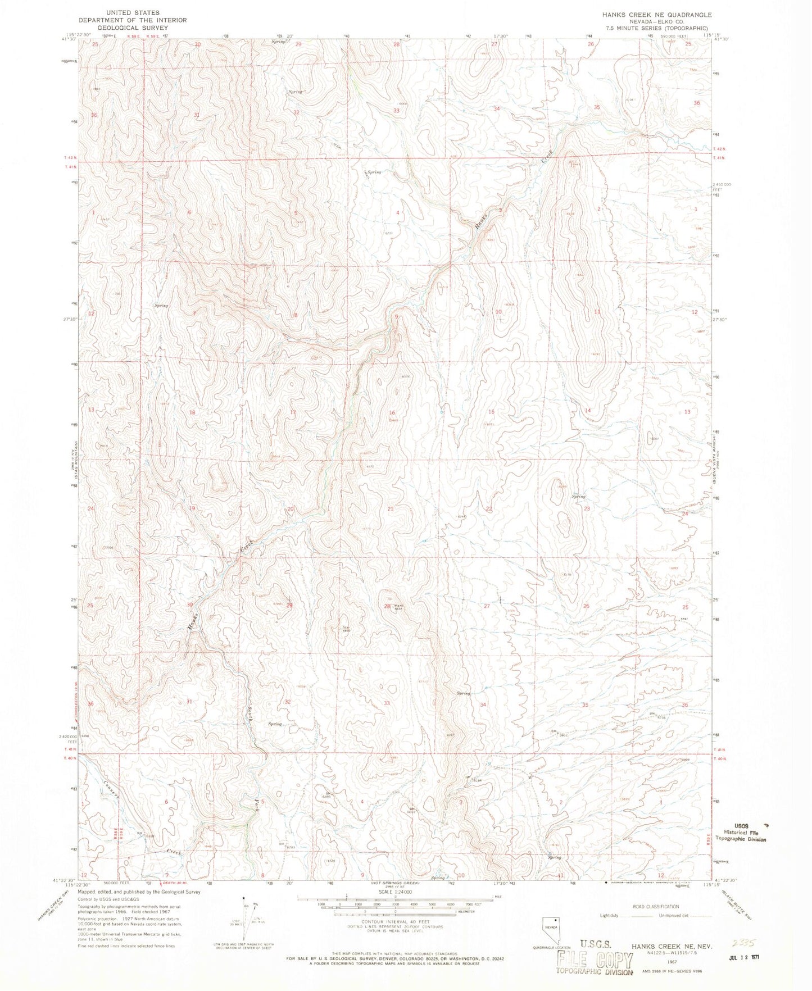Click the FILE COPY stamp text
coord(595,961)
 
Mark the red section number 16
coord(392,413)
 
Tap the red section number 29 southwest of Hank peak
coord(289,606)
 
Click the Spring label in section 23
coord(578,497)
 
